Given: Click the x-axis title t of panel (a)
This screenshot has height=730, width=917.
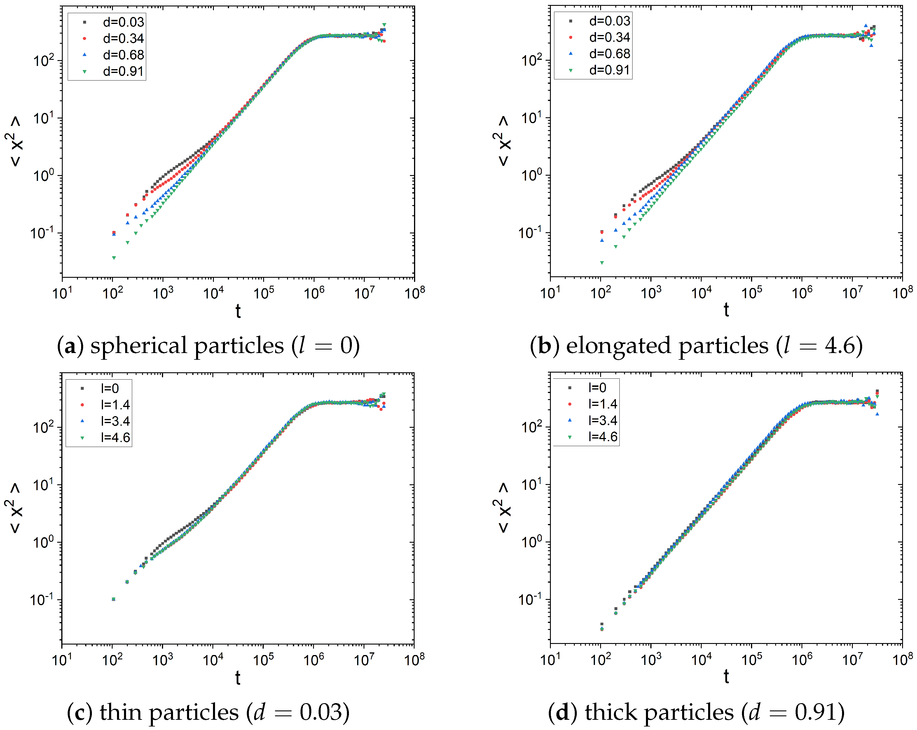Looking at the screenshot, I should click(x=238, y=311).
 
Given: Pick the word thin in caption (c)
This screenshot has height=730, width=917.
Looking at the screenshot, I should click(x=120, y=712).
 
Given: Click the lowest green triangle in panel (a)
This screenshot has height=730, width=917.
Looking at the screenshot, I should click(x=113, y=258).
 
